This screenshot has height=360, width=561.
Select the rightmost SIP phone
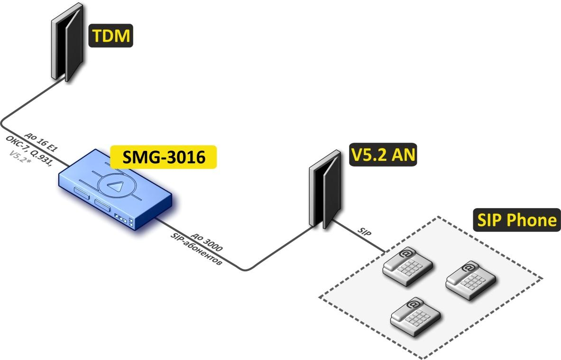click(x=470, y=281)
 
